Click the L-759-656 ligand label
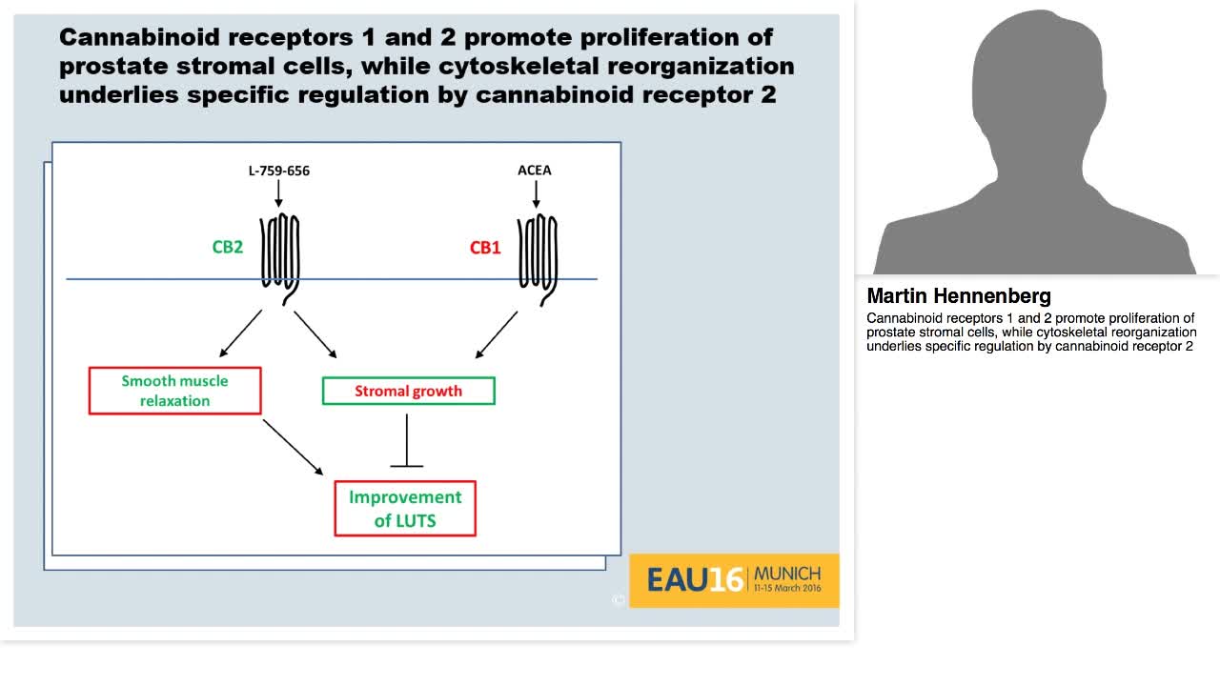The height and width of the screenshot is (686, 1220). [278, 171]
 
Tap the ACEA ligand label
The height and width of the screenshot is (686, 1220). [534, 171]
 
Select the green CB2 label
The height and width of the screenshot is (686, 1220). [227, 248]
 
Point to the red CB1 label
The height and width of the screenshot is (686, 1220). [484, 248]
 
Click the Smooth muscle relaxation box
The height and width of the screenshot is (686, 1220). [174, 391]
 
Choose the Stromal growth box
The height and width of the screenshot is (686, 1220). [408, 391]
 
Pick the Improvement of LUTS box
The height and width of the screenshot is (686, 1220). [405, 509]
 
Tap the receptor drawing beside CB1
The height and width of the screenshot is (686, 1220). [538, 252]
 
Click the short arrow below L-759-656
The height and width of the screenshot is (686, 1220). [278, 193]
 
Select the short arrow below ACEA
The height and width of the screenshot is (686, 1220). [536, 193]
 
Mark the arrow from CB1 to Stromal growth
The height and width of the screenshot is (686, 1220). [496, 334]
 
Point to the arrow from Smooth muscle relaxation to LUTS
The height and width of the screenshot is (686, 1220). [293, 447]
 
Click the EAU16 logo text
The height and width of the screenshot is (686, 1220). [695, 579]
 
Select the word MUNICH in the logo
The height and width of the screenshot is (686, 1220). [786, 574]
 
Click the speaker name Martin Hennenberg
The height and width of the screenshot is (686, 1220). [959, 296]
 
